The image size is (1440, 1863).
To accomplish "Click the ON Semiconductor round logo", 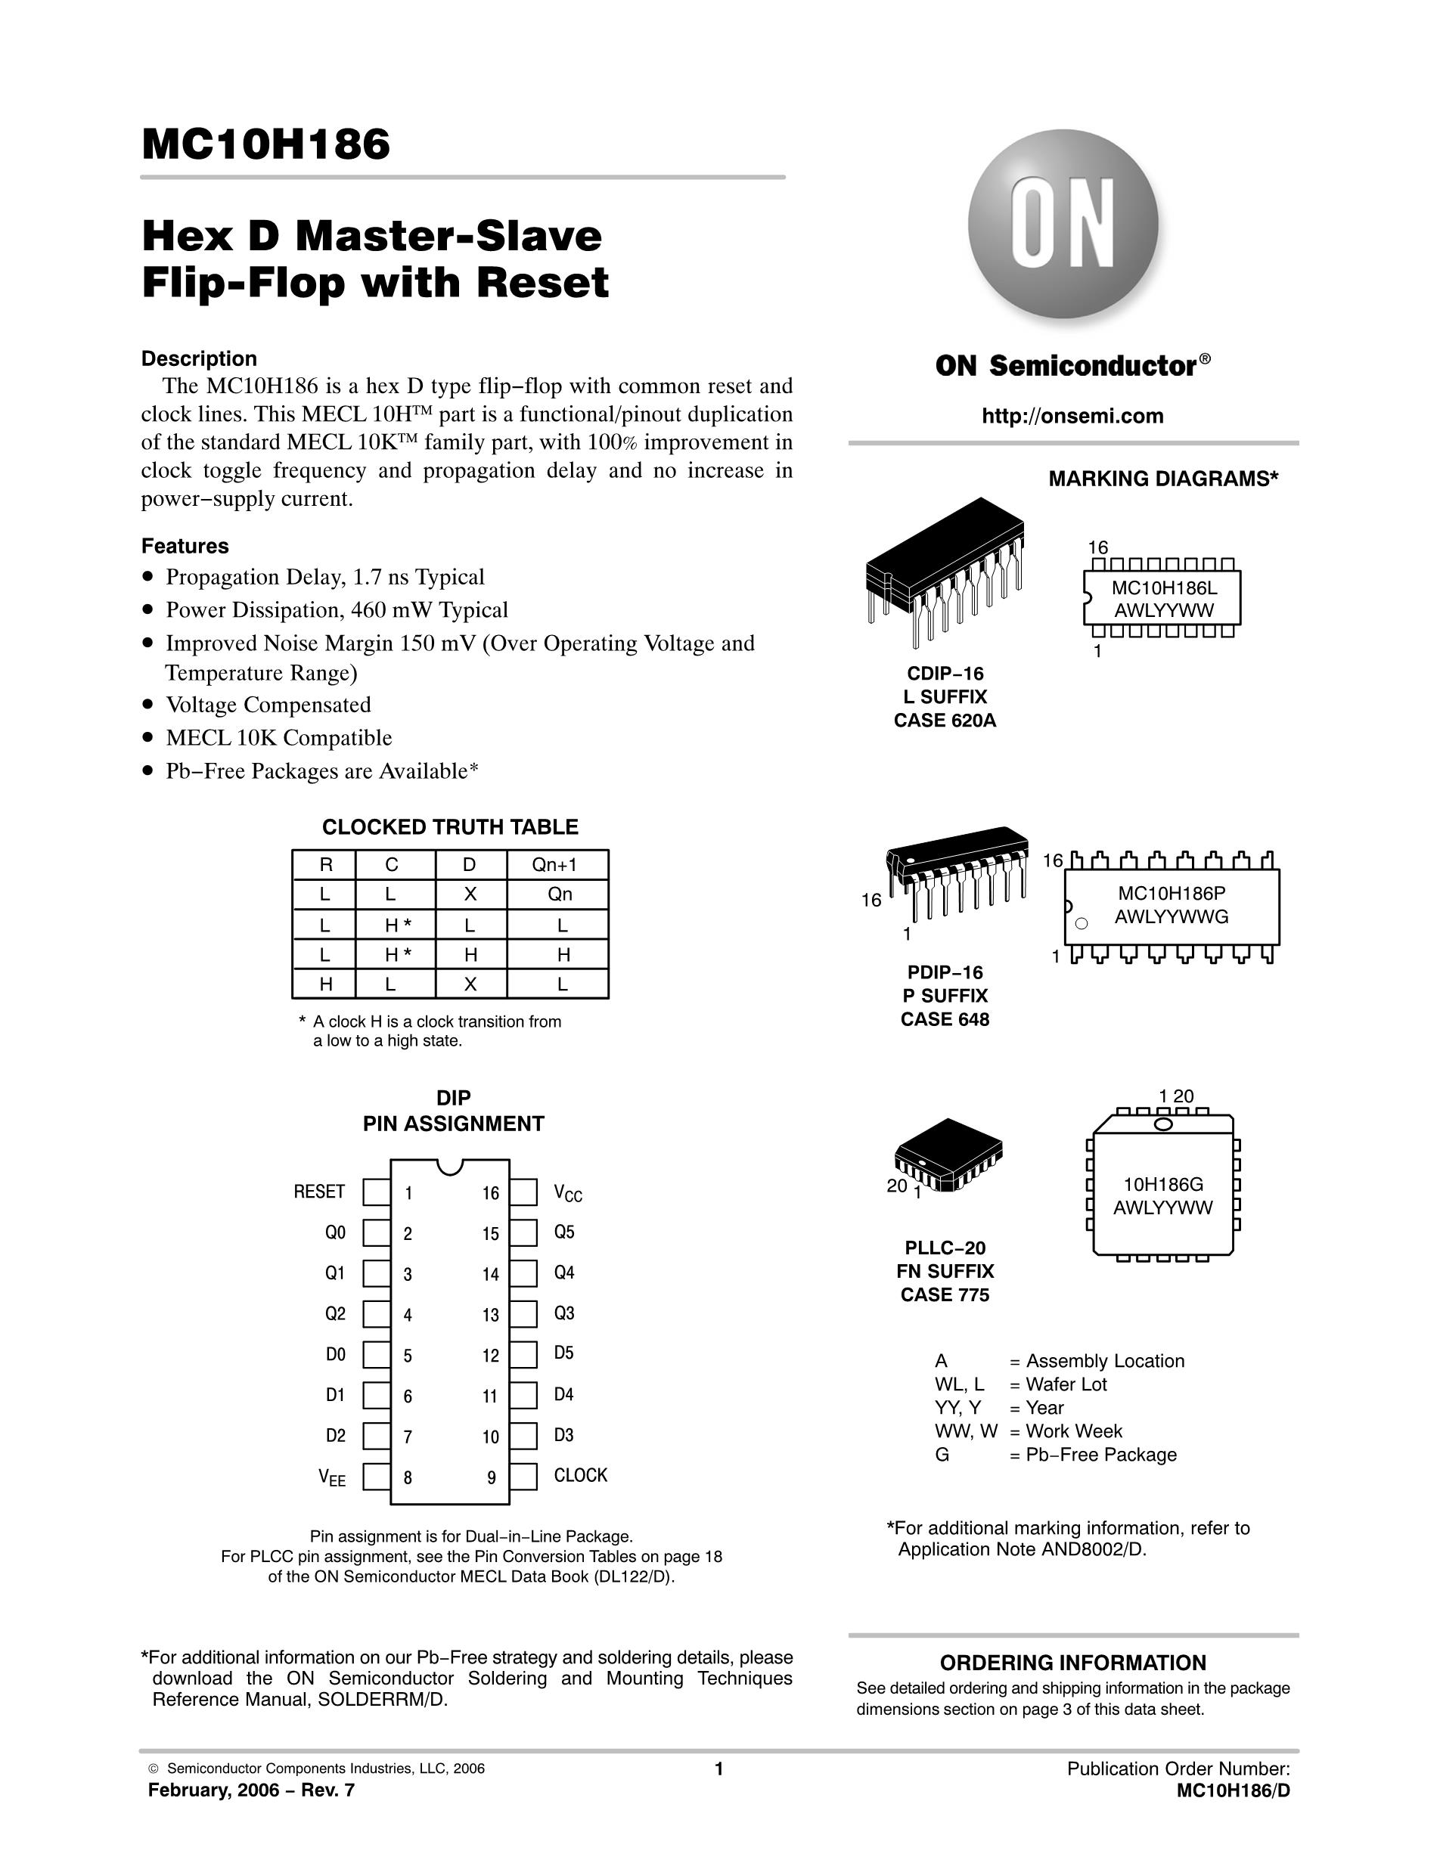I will (1063, 225).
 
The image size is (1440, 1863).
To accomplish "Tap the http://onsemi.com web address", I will (1072, 417).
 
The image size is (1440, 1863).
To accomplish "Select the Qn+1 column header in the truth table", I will (554, 865).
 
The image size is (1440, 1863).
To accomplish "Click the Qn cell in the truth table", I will (560, 894).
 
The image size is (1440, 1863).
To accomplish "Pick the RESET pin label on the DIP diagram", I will (319, 1192).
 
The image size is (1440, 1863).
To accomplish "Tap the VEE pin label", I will (332, 1477).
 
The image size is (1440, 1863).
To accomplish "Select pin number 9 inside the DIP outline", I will (492, 1477).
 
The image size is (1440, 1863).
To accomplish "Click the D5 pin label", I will (564, 1353).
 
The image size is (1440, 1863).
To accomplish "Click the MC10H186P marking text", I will (1172, 893).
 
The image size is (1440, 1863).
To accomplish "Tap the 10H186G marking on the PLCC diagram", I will (1162, 1184).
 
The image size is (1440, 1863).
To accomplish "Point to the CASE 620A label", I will (945, 721).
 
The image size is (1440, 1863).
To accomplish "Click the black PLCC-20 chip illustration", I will (948, 1154).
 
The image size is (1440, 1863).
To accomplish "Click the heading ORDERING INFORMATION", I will (1072, 1663).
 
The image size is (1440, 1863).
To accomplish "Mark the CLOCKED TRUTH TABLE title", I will (449, 826).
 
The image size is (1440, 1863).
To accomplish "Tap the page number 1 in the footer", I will (718, 1768).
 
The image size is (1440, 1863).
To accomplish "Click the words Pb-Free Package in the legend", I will (1100, 1455).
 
